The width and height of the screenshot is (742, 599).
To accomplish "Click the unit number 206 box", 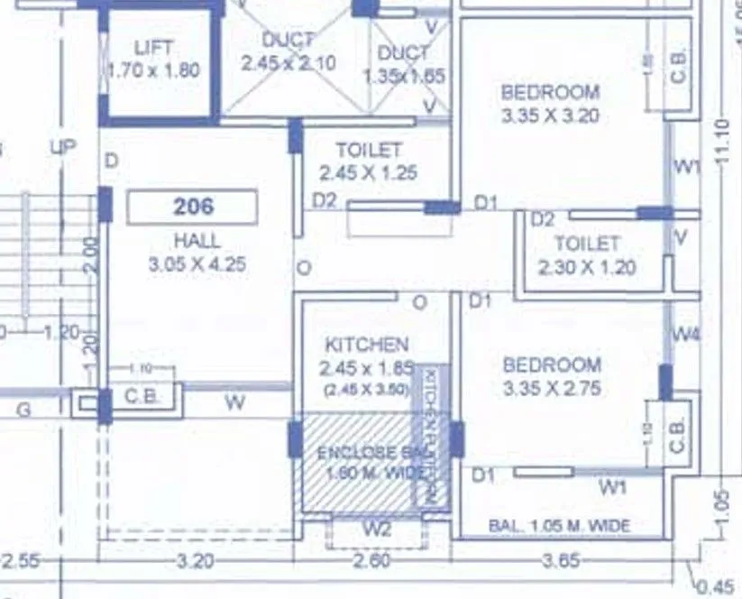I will click(x=192, y=207).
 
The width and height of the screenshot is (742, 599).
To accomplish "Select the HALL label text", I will click(x=197, y=241).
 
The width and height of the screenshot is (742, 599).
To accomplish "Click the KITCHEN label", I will click(x=366, y=344).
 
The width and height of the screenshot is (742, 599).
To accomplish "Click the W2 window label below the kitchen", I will click(x=377, y=529).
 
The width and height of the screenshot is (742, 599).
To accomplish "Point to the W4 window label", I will click(x=685, y=335).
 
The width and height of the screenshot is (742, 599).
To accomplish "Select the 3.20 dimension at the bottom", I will click(x=195, y=561).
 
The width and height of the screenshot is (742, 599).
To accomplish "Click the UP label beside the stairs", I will click(x=63, y=146).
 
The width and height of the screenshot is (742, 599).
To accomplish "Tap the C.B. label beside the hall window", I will click(x=142, y=396).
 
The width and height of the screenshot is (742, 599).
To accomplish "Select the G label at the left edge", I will click(x=24, y=410).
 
